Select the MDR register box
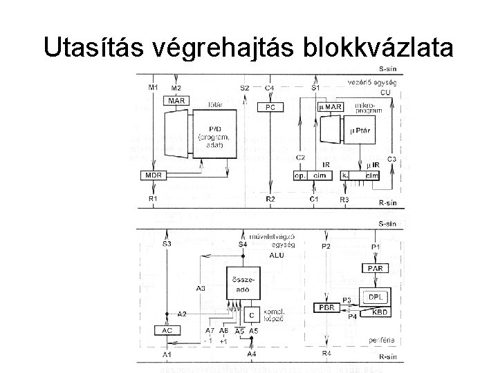point(154,175)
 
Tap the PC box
point(270,107)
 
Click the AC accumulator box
point(167,330)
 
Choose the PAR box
point(375,267)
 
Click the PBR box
point(327,307)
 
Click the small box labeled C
point(251,315)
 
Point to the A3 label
point(201,287)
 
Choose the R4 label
point(326,354)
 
